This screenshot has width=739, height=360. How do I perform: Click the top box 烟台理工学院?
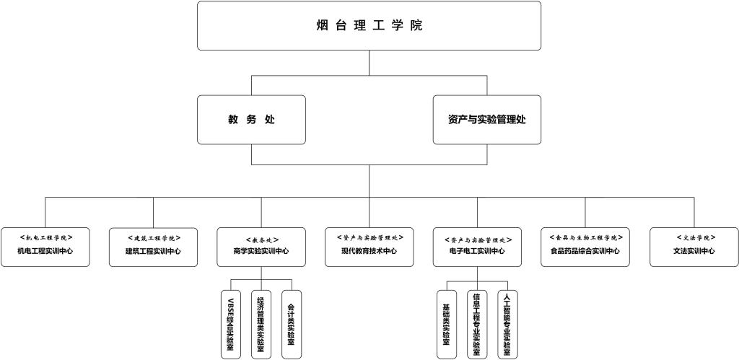[369, 26]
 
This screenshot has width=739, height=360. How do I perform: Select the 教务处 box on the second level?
[251, 120]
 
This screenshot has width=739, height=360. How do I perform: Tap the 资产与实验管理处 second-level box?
[486, 120]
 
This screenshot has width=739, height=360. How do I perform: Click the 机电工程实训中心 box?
[45, 247]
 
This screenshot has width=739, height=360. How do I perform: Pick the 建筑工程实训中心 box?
[153, 247]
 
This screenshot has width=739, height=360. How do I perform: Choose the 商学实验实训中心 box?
[261, 247]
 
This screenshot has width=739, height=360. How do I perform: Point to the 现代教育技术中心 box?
[369, 247]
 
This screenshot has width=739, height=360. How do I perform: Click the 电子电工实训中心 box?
[477, 247]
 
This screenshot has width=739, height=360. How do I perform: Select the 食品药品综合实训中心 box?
[585, 247]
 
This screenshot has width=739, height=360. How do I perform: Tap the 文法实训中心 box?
[694, 247]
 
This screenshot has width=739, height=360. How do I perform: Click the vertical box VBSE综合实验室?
[231, 324]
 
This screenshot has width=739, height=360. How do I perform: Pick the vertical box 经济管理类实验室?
[261, 324]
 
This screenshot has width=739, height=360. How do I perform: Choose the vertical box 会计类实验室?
[291, 324]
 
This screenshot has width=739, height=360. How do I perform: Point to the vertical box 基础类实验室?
[447, 324]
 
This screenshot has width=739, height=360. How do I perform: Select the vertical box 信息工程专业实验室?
[477, 324]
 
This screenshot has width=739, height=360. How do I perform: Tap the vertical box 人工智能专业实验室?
[507, 324]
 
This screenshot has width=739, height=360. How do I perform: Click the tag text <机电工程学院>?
[45, 237]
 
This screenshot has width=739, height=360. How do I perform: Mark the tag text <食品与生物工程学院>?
[585, 237]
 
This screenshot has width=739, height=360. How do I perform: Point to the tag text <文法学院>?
[694, 237]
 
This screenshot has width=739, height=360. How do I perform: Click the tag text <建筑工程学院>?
[153, 237]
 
